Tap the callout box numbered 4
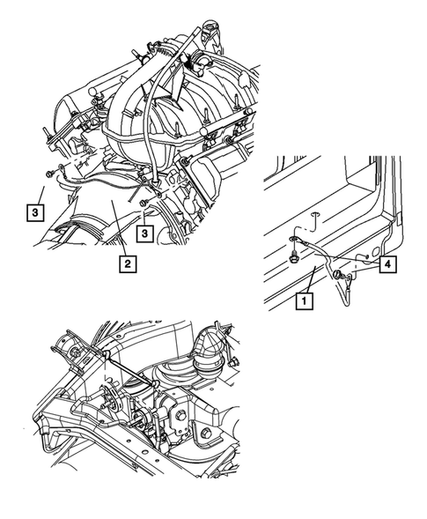[x=386, y=263]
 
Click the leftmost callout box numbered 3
[x=33, y=212]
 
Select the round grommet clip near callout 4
[x=338, y=275]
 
